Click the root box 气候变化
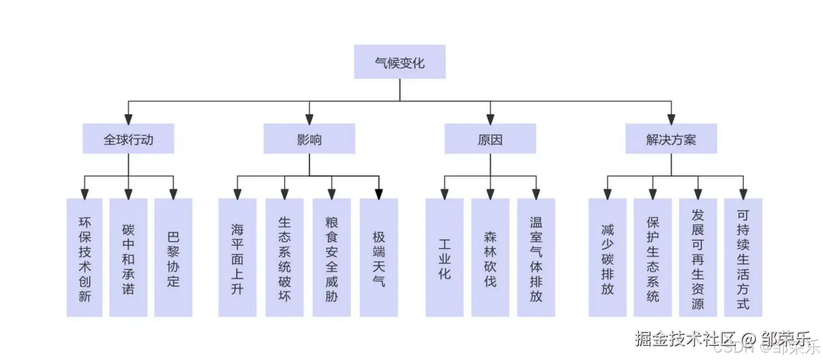click(x=399, y=62)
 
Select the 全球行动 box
click(x=129, y=139)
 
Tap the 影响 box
click(x=309, y=139)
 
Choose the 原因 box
click(x=490, y=139)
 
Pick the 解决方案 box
click(x=671, y=139)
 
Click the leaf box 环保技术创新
click(x=85, y=257)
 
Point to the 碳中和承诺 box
click(x=129, y=257)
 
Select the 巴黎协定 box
click(x=173, y=257)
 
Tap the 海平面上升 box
click(x=238, y=257)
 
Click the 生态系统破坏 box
click(x=284, y=257)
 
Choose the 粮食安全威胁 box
click(x=332, y=257)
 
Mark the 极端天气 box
click(x=379, y=257)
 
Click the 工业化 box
click(x=445, y=257)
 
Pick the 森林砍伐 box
click(x=490, y=257)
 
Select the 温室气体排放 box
click(x=536, y=257)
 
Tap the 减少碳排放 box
click(x=607, y=257)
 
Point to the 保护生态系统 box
click(x=652, y=257)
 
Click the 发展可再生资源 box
click(x=698, y=257)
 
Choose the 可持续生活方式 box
click(x=743, y=257)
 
